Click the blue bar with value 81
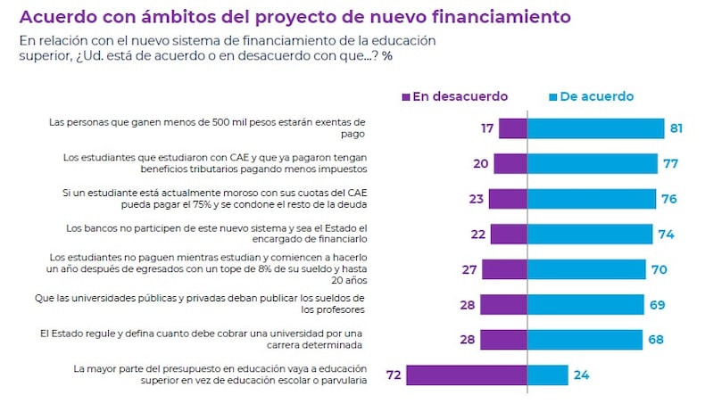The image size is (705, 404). tap(595, 128)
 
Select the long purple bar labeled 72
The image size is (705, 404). tap(466, 375)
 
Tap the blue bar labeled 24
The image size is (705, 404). tap(547, 375)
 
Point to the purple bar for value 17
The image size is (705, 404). tap(512, 128)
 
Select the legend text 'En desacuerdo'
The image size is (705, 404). tap(460, 96)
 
